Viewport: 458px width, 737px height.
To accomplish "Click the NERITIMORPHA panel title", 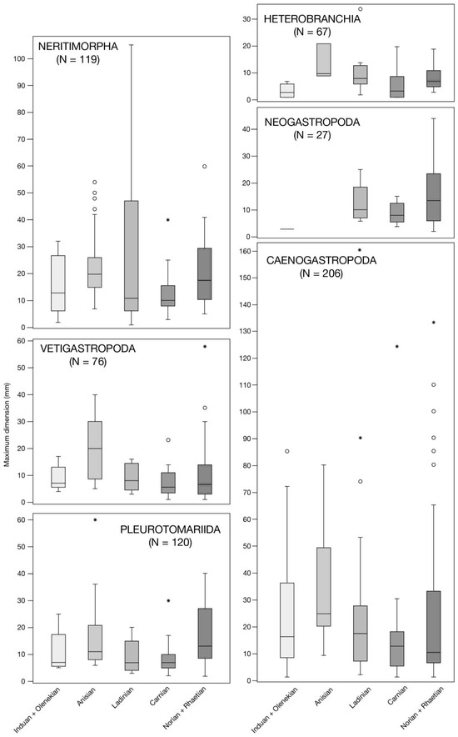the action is tap(78, 47).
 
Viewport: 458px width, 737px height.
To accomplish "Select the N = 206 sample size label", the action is tap(321, 273).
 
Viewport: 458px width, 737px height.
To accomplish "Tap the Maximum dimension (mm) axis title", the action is tap(7, 430).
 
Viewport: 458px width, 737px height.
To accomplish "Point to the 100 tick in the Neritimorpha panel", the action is tap(22, 58).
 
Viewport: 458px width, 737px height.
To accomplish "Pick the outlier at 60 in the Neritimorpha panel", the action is tap(205, 167).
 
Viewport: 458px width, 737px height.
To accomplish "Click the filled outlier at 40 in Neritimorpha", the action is tap(168, 220).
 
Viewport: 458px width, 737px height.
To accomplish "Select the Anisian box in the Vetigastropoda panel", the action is tap(95, 450).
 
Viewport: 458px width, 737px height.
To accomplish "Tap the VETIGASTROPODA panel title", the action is tap(87, 348).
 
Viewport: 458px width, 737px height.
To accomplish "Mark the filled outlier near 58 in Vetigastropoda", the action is tap(205, 347).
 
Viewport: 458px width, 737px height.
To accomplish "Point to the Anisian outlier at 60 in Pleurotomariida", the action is tap(95, 520).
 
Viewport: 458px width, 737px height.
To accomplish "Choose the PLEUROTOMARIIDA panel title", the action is tap(171, 529).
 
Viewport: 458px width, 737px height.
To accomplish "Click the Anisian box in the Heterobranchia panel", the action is tap(324, 60).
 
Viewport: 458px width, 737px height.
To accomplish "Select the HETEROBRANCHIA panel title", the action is tap(312, 19).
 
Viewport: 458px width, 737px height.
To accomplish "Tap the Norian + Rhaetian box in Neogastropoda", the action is tap(434, 198).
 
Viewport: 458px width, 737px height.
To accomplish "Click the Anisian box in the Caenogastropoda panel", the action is tap(324, 587).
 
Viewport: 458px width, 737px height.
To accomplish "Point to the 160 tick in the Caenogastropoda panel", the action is tap(251, 251).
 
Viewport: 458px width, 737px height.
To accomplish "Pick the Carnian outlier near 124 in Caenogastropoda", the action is tap(397, 347).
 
